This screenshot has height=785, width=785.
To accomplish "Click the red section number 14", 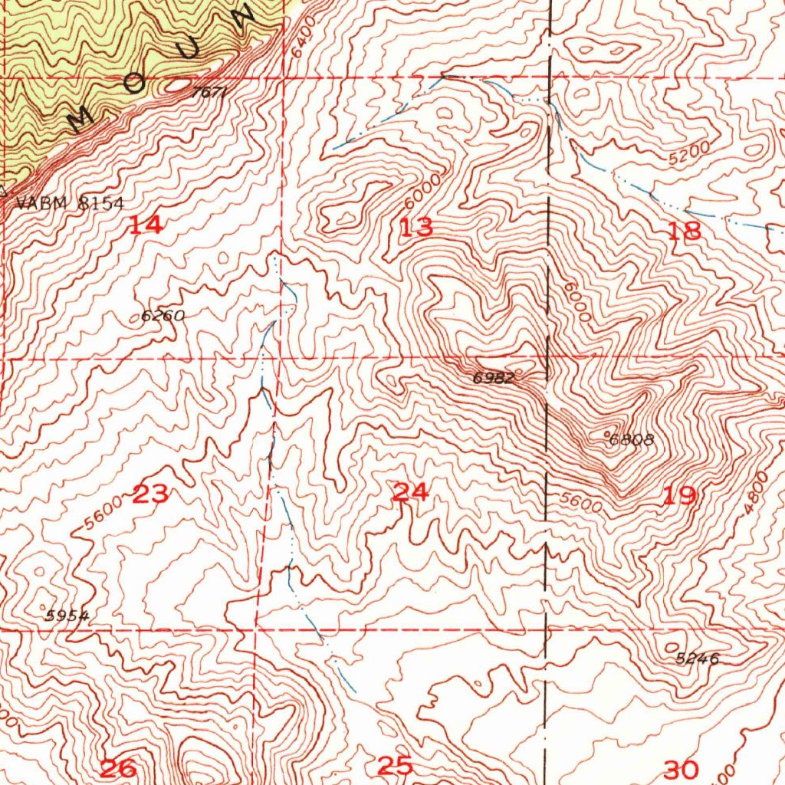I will click(145, 225).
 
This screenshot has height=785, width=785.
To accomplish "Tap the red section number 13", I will click(416, 227).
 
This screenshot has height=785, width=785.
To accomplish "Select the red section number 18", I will click(684, 231).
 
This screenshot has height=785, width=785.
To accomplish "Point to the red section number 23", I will click(150, 494).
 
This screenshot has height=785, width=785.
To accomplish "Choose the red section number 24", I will click(409, 492).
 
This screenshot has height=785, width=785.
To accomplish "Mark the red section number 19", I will click(678, 496).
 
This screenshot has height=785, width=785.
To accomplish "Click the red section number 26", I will click(119, 767).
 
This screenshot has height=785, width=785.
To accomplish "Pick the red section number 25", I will click(395, 765).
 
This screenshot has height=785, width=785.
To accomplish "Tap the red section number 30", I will click(682, 769).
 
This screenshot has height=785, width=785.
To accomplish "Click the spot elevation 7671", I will click(209, 92).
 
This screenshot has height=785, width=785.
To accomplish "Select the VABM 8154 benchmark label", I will click(69, 203).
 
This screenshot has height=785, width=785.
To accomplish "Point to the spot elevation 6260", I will click(163, 315).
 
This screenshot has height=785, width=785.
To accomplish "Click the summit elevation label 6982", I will click(493, 377).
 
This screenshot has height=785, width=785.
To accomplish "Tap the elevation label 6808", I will click(632, 440).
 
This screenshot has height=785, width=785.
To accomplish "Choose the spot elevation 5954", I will click(67, 616).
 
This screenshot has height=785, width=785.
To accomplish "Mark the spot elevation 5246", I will click(697, 658).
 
